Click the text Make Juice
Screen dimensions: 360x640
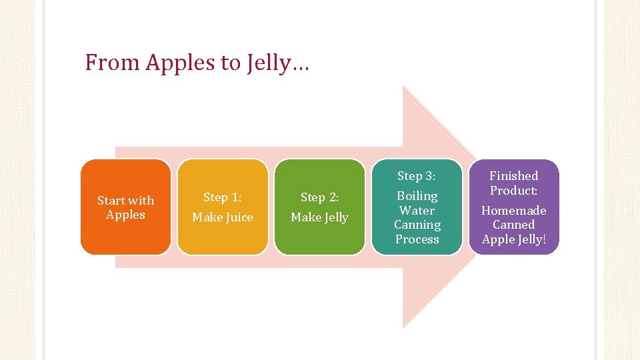pyautogui.click(x=223, y=217)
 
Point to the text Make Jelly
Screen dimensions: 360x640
pyautogui.click(x=320, y=217)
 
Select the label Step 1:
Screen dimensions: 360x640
pyautogui.click(x=222, y=197)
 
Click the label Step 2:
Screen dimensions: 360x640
pyautogui.click(x=319, y=197)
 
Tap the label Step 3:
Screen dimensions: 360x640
pyautogui.click(x=417, y=176)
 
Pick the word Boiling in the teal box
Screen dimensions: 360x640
pyautogui.click(x=417, y=196)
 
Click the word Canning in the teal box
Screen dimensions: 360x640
pyautogui.click(x=417, y=225)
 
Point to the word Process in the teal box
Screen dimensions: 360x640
pyautogui.click(x=417, y=239)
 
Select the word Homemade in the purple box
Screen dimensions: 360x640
pyautogui.click(x=514, y=211)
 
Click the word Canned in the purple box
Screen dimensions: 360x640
pyautogui.click(x=514, y=225)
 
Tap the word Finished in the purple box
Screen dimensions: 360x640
pyautogui.click(x=514, y=176)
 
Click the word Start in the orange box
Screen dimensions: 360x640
pyautogui.click(x=111, y=200)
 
